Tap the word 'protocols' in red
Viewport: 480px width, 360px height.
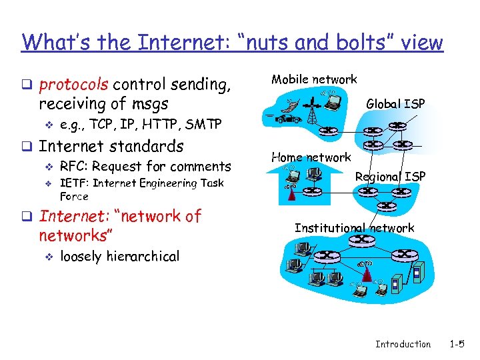74,85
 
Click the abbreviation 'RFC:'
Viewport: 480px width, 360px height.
75,166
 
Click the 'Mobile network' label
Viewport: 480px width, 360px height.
313,79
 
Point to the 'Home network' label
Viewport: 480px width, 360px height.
311,157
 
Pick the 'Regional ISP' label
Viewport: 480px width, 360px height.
390,177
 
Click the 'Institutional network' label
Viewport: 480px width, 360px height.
354,228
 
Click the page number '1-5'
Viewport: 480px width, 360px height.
457,344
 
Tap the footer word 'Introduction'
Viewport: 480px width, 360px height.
403,344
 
